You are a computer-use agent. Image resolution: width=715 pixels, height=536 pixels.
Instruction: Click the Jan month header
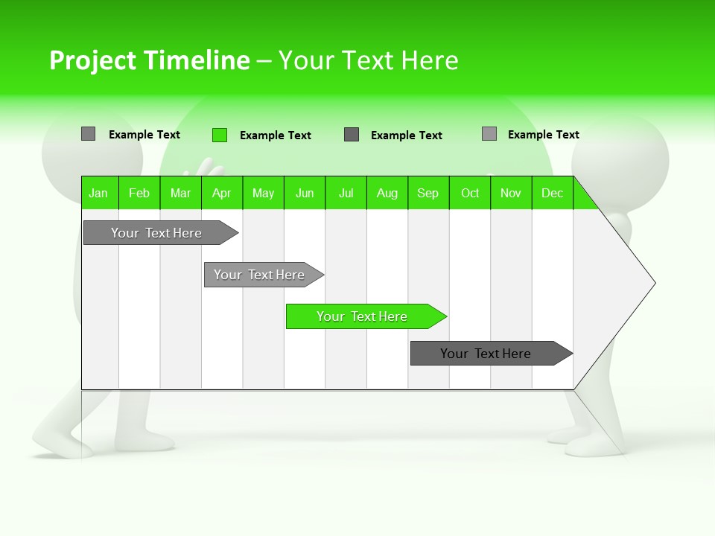coord(98,193)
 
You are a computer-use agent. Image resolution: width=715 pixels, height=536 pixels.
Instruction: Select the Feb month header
coord(139,193)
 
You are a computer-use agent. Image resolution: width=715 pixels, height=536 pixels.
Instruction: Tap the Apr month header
coord(221,193)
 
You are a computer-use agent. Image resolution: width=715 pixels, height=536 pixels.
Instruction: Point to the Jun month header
coord(305,193)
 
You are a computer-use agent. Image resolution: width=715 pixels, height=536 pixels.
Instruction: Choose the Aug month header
coord(387,193)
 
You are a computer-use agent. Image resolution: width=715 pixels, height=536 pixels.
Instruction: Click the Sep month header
coord(428,193)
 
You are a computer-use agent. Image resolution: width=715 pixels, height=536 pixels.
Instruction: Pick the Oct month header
coord(470,193)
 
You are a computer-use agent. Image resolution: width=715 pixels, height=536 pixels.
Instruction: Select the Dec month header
coord(552,193)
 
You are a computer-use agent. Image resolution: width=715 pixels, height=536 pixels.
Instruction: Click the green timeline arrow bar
coord(365,316)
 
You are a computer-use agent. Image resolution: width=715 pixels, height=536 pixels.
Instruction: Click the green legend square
coord(219,135)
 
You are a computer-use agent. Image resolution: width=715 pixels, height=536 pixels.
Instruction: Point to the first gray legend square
coord(88,134)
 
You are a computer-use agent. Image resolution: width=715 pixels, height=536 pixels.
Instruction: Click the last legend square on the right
coord(489,134)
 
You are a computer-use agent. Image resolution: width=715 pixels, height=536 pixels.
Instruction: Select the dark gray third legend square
coord(352,135)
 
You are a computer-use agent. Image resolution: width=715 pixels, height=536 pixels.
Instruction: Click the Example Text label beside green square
coord(275,135)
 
